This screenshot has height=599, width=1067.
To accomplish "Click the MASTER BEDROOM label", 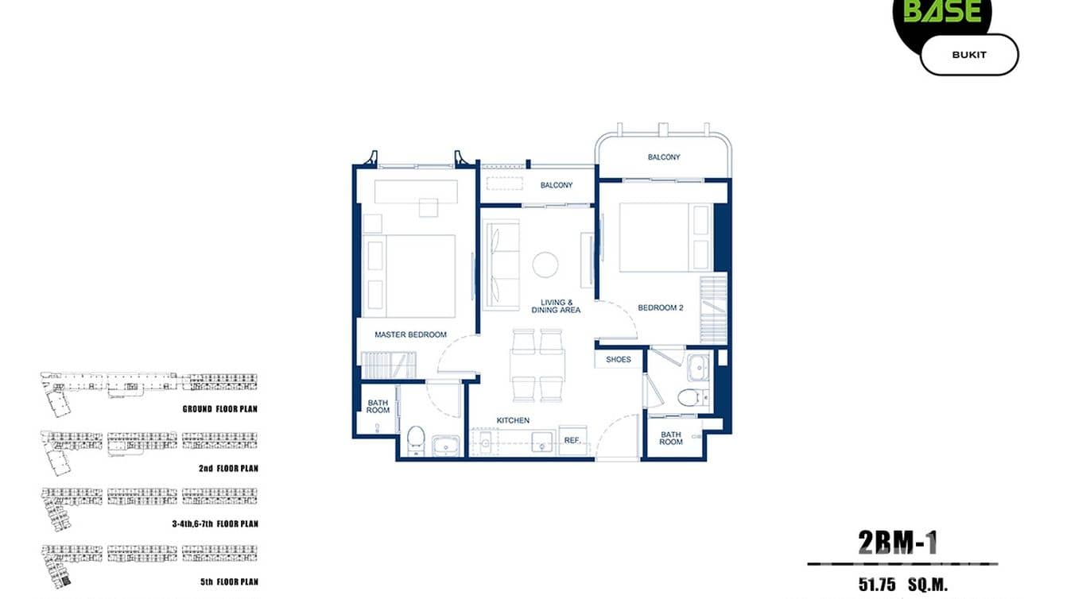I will [410, 334].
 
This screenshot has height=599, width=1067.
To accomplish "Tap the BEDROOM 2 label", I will [660, 307].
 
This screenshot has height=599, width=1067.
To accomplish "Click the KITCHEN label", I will [513, 420].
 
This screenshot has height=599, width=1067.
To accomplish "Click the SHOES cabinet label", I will [618, 359].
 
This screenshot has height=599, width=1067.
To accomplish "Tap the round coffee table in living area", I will [545, 265].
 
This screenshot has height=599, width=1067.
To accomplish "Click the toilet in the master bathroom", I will [416, 439].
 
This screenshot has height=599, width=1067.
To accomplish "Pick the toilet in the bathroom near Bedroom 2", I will [689, 398].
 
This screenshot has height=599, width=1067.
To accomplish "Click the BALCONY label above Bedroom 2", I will [664, 157].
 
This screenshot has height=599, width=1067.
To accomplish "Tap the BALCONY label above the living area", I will [557, 185].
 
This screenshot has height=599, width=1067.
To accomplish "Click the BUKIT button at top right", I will [968, 55].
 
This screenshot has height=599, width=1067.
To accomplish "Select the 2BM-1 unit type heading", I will [898, 543].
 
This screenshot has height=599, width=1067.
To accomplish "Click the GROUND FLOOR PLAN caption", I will [219, 409].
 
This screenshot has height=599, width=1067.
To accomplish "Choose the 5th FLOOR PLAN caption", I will [228, 582].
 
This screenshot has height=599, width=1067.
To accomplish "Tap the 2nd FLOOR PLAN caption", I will [228, 468].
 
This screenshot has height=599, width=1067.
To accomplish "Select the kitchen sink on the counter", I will [543, 441].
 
